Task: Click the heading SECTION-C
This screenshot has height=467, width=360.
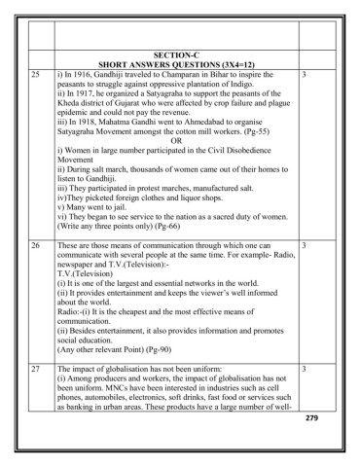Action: point(176,55)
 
